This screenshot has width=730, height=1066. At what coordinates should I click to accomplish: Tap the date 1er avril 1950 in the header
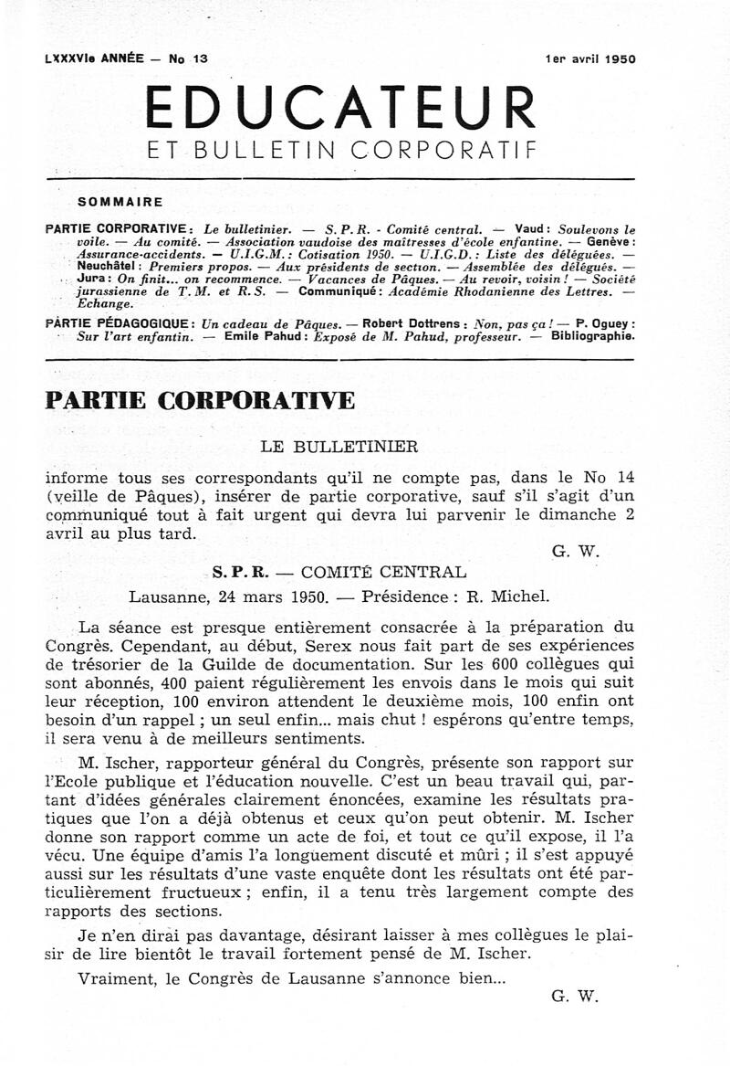click(x=589, y=58)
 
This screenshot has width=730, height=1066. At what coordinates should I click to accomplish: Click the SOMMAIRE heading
click(x=120, y=202)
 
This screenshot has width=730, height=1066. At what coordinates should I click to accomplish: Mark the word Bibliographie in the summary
click(x=589, y=336)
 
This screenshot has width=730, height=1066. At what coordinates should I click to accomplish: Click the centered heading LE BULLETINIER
click(x=339, y=447)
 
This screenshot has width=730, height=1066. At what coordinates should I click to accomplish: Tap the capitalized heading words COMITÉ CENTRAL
click(x=383, y=573)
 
